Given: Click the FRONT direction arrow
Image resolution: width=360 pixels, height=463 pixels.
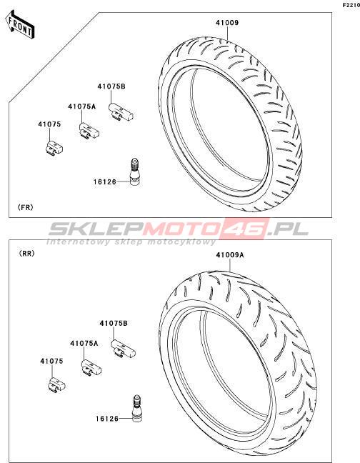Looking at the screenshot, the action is click(x=20, y=25).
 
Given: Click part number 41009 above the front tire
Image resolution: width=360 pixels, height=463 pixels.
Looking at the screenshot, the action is click(x=227, y=23).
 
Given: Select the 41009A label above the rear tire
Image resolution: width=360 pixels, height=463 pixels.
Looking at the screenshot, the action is click(x=230, y=255).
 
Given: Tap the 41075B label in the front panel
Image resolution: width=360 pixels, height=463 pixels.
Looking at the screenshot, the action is click(x=111, y=86).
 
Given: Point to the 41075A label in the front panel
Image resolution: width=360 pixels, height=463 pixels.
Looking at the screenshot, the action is click(x=82, y=106).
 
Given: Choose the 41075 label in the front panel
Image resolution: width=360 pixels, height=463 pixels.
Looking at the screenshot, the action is click(x=49, y=124).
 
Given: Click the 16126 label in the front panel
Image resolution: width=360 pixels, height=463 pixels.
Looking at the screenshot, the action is click(x=105, y=182).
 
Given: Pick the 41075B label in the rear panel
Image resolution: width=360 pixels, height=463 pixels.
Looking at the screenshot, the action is click(x=114, y=324).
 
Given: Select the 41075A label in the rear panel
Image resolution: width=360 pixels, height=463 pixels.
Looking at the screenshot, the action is click(x=84, y=344).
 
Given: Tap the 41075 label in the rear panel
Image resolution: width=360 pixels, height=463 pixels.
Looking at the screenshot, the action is click(x=51, y=361).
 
